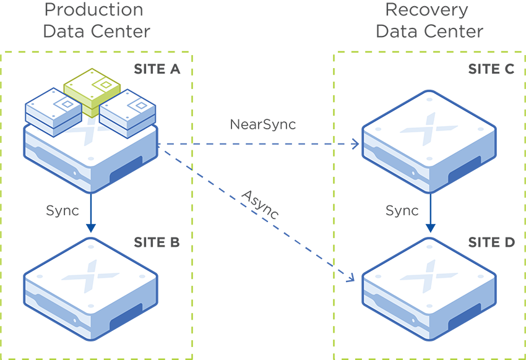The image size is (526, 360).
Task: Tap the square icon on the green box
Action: [x=106, y=84]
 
